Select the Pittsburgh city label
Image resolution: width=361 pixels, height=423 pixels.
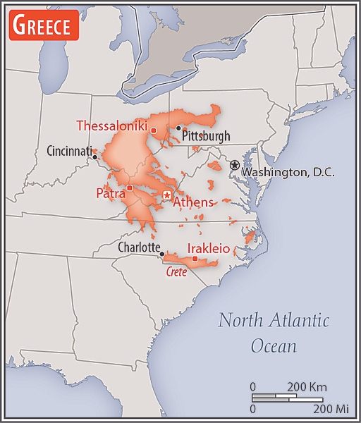(x=206, y=135)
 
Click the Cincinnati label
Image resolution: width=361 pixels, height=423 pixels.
(x=70, y=150)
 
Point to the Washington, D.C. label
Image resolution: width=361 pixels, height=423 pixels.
(x=288, y=171)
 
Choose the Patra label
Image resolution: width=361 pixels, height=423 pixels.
(x=111, y=192)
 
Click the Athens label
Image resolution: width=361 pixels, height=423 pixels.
(x=192, y=202)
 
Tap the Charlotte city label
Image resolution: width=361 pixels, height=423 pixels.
(x=137, y=248)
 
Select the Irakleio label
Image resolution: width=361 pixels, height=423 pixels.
(x=208, y=248)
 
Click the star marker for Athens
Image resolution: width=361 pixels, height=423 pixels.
(x=167, y=194)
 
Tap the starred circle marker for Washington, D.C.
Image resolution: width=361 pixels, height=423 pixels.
(x=235, y=164)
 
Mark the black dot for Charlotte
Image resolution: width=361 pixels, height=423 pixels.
(x=162, y=254)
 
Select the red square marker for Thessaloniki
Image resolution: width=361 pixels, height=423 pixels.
(x=153, y=130)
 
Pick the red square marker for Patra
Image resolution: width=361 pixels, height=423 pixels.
(x=130, y=188)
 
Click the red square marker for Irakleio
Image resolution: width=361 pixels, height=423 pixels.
(x=195, y=258)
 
